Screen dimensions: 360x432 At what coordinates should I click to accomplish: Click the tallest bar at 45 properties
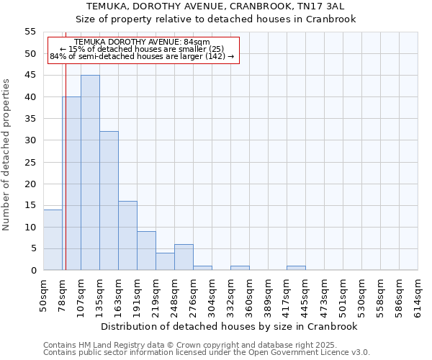pos(90,173)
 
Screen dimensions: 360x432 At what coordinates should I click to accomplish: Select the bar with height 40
pos(72,184)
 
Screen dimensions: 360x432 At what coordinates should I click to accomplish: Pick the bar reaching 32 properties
pos(109,201)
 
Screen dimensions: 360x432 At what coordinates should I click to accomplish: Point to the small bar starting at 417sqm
pos(296,268)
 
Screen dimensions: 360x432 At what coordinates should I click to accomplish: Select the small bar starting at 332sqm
pos(240,268)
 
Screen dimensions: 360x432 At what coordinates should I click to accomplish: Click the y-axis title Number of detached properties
pos(6,154)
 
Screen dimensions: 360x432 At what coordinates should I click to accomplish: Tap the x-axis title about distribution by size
pos(230,326)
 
